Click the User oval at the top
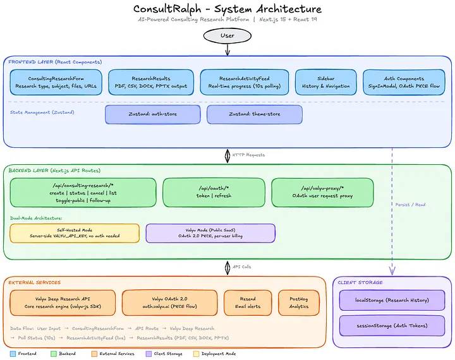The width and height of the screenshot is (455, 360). (x=227, y=35)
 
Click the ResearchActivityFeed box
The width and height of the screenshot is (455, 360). (x=244, y=82)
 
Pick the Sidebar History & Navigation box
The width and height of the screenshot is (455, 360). (x=324, y=82)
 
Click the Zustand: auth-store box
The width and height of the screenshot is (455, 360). (x=153, y=114)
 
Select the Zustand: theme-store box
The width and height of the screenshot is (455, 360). (x=254, y=114)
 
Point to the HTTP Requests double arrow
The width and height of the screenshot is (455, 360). (x=227, y=155)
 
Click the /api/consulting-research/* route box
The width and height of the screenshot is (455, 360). (x=83, y=192)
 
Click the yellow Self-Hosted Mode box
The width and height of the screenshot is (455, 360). (x=75, y=232)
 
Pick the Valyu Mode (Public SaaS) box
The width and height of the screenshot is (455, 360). (x=210, y=232)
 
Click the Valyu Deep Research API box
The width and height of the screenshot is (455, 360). (x=63, y=303)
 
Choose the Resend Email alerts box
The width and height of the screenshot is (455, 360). (x=248, y=303)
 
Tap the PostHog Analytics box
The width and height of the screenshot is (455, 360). (x=298, y=303)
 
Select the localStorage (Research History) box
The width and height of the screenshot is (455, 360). (x=392, y=301)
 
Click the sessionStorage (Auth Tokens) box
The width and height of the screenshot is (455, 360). (x=392, y=326)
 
